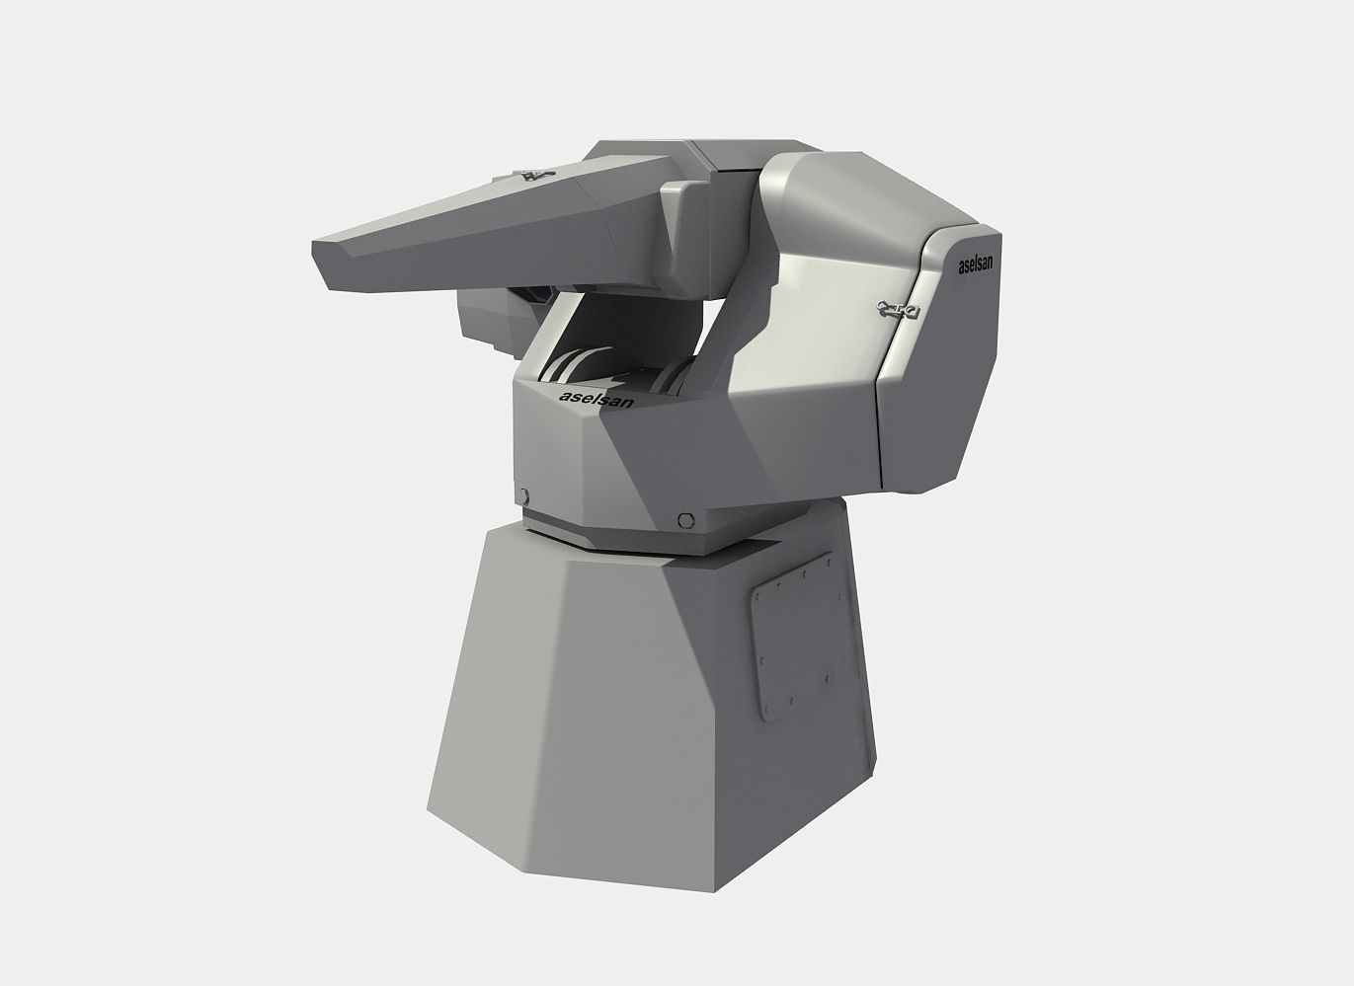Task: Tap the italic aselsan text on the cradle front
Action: pyautogui.click(x=597, y=398)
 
